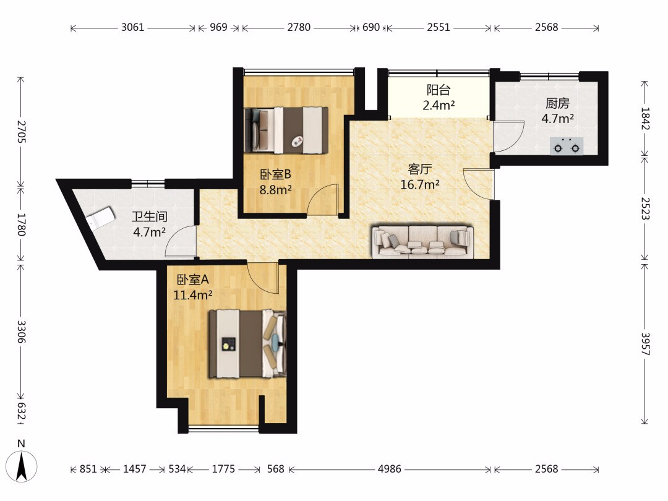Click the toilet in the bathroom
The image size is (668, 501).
click(100, 218)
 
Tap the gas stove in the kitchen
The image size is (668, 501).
click(566, 146)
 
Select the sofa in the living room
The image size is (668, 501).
click(422, 242)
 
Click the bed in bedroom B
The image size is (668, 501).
click(286, 131)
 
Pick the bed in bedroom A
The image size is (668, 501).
click(247, 344)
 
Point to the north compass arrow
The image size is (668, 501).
click(22, 466)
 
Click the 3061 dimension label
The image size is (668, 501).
click(132, 27)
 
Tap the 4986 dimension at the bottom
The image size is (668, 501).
click(390, 469)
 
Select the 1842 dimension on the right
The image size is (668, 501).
click(645, 118)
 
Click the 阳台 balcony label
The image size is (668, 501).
click(439, 90)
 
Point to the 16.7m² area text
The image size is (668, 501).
click(420, 184)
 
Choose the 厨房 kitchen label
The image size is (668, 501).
click(557, 103)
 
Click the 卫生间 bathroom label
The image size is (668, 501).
click(149, 216)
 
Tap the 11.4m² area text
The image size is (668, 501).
click(193, 295)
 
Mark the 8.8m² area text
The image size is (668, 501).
click(276, 190)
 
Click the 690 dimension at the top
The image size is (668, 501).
click(371, 27)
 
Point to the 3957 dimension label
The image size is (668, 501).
click(645, 345)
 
